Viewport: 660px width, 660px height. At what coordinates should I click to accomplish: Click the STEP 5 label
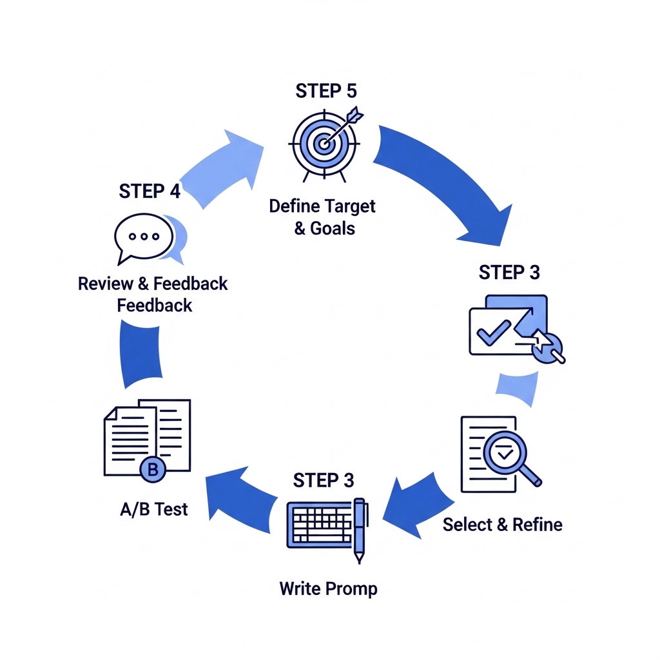325,91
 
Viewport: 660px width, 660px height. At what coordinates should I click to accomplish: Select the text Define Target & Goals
322,217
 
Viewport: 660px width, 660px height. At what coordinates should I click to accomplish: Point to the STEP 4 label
150,191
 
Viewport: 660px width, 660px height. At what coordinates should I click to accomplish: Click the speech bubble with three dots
144,237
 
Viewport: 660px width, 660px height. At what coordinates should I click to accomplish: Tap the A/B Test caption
154,509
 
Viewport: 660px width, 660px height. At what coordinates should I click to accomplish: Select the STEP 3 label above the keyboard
324,480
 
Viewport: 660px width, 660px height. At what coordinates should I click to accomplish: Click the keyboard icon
319,523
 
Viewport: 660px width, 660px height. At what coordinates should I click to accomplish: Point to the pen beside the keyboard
360,529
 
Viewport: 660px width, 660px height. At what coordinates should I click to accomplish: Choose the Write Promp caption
328,588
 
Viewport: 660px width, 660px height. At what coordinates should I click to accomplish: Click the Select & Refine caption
503,525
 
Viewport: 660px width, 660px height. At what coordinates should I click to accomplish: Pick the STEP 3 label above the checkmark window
509,272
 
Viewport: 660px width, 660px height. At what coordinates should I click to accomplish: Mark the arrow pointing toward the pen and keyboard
412,503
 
